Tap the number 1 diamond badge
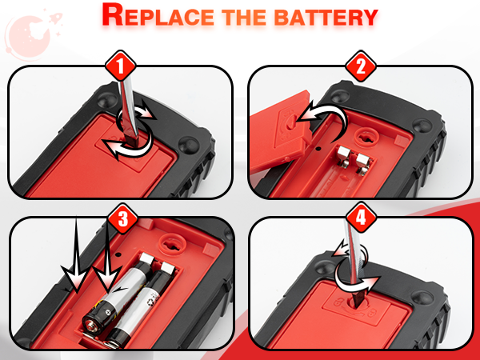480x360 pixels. [120, 66]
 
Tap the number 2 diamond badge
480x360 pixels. [361, 66]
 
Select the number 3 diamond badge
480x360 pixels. [122, 218]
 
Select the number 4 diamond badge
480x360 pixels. [361, 218]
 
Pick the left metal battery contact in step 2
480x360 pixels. [344, 157]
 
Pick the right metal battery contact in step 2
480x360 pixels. [363, 163]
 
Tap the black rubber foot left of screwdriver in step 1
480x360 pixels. [107, 99]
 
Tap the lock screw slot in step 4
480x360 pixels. [356, 303]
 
